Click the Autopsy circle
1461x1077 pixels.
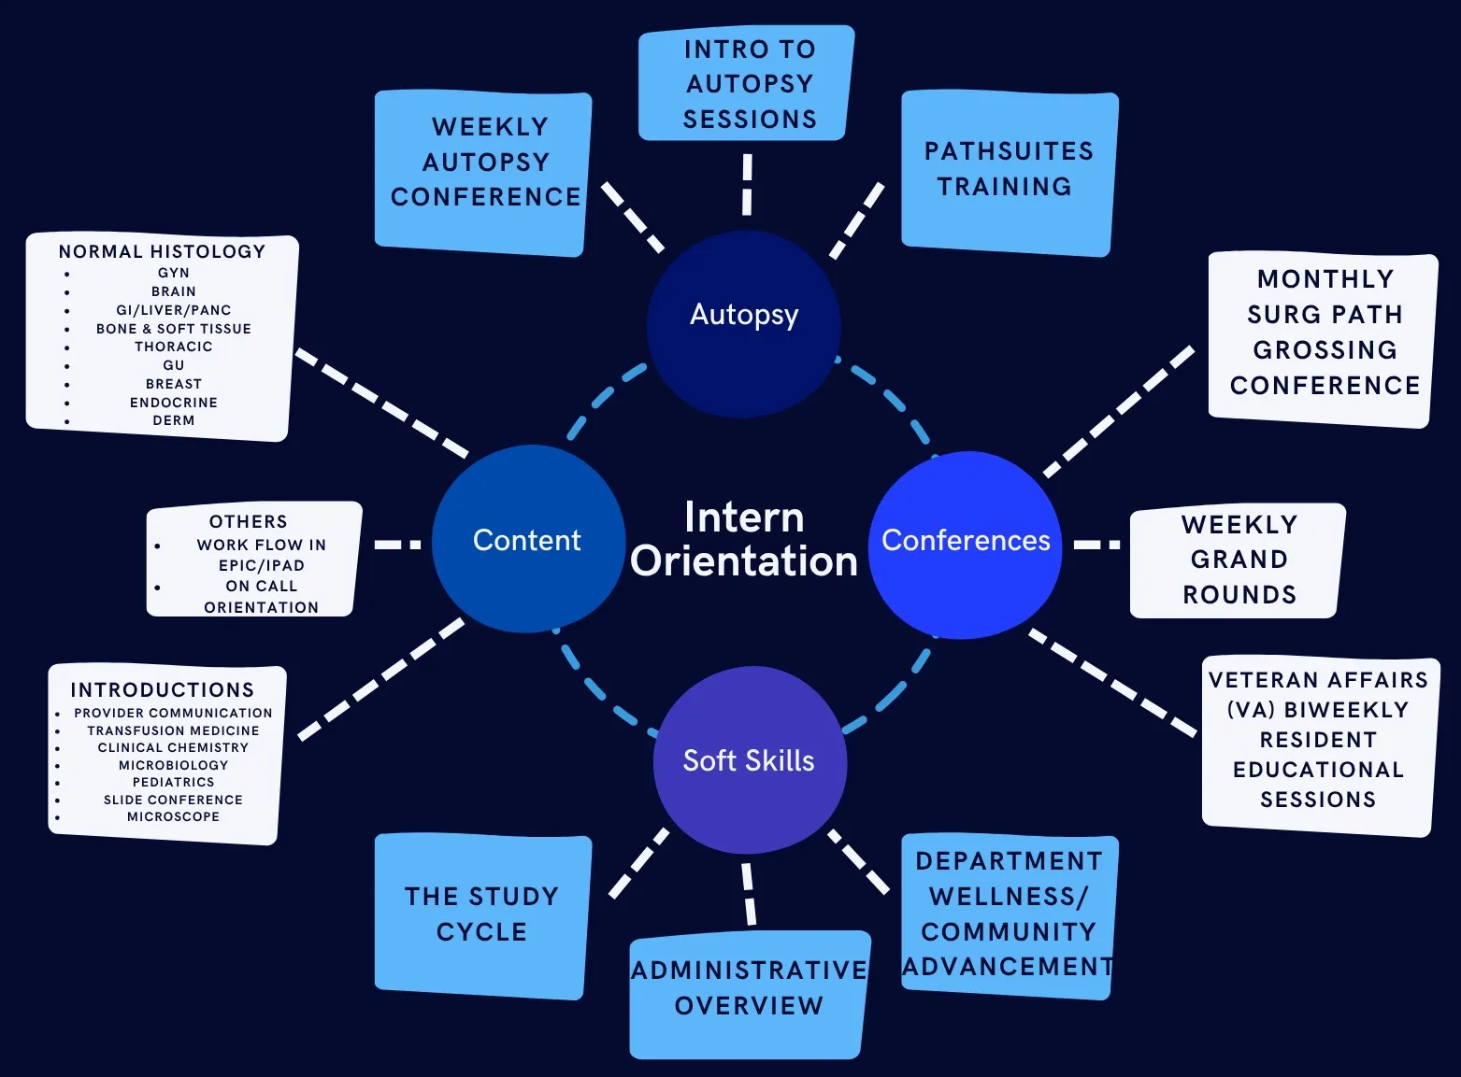coord(744,322)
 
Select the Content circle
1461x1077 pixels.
coord(528,540)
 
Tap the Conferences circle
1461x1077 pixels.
coord(966,544)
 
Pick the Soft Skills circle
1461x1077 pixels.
coord(749,760)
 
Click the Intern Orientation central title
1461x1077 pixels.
coord(744,540)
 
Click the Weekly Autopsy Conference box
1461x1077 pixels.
coord(484,173)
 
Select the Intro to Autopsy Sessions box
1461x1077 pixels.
coord(748,84)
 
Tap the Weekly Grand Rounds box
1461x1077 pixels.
coord(1238,560)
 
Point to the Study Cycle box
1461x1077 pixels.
coord(482,914)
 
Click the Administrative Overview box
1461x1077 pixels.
coord(749,990)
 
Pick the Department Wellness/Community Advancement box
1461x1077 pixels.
coord(1008,914)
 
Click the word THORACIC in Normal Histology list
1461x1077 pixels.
coord(174,347)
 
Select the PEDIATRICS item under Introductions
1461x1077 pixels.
coord(174,782)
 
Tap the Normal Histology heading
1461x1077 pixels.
coord(162,251)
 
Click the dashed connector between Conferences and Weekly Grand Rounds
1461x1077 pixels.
coord(1097,544)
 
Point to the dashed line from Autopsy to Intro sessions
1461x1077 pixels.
coord(747,185)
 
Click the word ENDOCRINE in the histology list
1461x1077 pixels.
coord(174,403)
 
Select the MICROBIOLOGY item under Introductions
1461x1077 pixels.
coord(174,765)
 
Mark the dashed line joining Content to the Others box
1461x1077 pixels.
coord(398,544)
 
